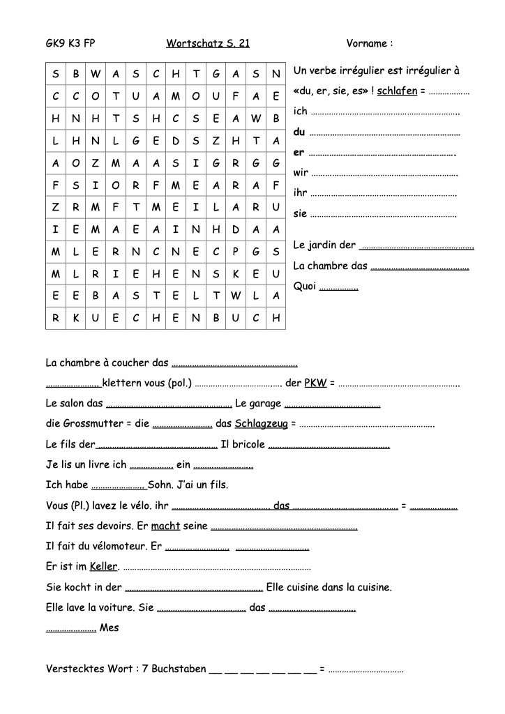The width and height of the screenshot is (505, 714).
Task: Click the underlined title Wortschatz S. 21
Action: tap(208, 44)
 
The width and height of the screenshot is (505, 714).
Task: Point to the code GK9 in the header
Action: tap(55, 44)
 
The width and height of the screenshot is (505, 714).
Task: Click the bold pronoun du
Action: tap(299, 132)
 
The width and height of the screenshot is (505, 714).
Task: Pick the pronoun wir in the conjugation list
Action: tap(301, 172)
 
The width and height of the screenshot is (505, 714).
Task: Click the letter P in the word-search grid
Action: tap(236, 252)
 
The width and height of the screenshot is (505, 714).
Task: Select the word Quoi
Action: tap(305, 286)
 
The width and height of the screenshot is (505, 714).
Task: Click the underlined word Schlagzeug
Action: tap(262, 423)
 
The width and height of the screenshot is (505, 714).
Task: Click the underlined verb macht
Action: tap(165, 526)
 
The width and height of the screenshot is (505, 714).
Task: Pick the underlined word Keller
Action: tap(104, 566)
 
